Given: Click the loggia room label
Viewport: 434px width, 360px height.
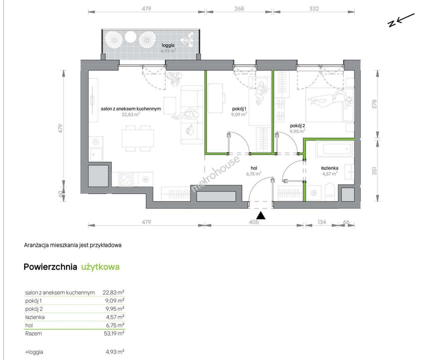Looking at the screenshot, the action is pyautogui.click(x=168, y=45).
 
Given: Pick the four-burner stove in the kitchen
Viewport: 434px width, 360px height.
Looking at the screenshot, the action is pyautogui.click(x=126, y=179).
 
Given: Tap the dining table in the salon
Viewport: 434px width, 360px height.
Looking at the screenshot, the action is pyautogui.click(x=138, y=138).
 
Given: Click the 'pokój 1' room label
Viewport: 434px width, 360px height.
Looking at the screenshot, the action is pyautogui.click(x=239, y=109).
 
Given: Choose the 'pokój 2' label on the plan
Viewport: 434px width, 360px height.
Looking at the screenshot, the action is pyautogui.click(x=298, y=126).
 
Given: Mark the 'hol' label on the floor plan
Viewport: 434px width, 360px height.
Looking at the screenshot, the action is pyautogui.click(x=254, y=168).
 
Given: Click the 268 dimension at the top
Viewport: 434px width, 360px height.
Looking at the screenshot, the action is pyautogui.click(x=239, y=9).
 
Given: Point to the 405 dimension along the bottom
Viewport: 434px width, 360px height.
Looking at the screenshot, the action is pyautogui.click(x=254, y=222).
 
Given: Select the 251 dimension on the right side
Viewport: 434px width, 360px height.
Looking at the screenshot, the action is pyautogui.click(x=374, y=171).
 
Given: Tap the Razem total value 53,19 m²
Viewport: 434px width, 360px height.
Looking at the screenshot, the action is pyautogui.click(x=114, y=333).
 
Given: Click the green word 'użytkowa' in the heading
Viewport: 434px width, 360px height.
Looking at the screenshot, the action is pyautogui.click(x=100, y=267).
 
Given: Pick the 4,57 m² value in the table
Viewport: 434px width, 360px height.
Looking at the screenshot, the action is pyautogui.click(x=115, y=317).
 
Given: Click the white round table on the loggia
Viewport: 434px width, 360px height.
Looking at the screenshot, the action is pyautogui.click(x=130, y=37).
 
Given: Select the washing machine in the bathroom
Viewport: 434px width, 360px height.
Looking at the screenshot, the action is pyautogui.click(x=314, y=193).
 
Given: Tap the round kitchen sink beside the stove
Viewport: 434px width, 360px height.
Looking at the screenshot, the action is pyautogui.click(x=145, y=179).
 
